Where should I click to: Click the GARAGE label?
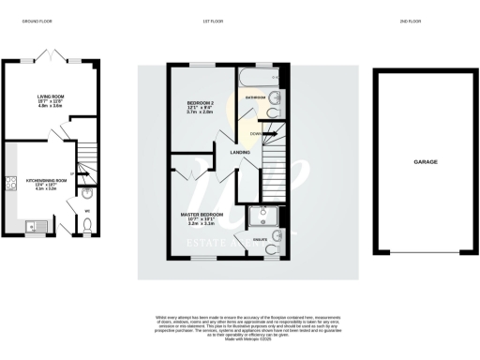427,161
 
